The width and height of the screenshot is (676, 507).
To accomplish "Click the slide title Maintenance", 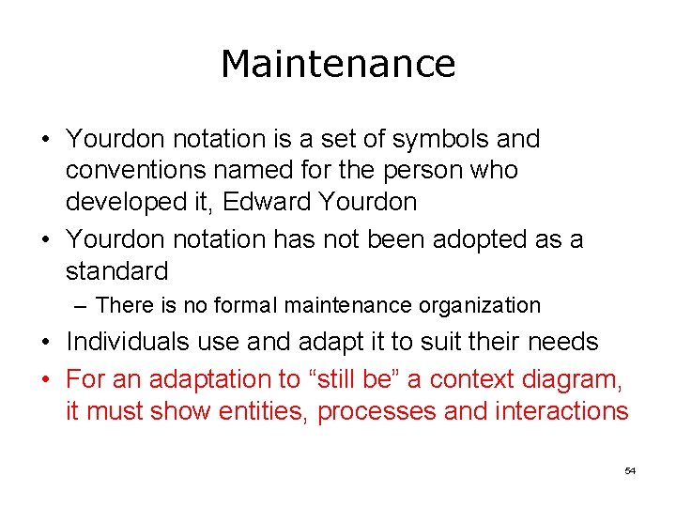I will (x=338, y=64).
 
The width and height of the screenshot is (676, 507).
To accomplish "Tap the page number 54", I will (x=630, y=470).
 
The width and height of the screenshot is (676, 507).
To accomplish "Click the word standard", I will (x=116, y=271).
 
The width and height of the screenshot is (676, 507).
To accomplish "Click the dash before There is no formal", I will (x=83, y=305).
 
